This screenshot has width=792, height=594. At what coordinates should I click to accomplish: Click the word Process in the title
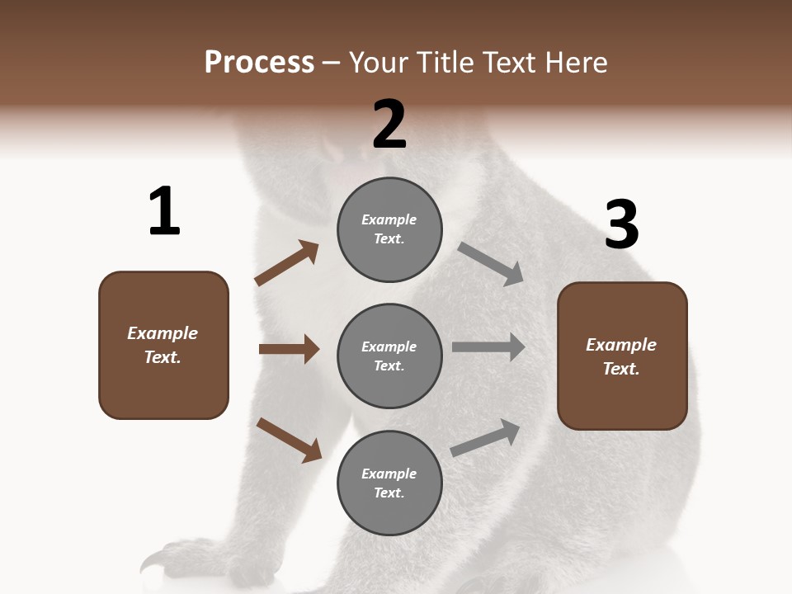click(x=259, y=63)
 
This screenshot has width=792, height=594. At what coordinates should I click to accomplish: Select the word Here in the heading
click(x=575, y=63)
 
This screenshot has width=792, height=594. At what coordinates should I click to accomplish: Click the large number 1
click(x=164, y=211)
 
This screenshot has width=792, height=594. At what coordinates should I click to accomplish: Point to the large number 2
click(x=389, y=125)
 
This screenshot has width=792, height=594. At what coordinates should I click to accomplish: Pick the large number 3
click(x=621, y=225)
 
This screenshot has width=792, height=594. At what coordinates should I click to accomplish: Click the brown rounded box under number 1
click(x=163, y=345)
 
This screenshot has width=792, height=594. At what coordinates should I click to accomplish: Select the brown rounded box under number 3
click(x=622, y=356)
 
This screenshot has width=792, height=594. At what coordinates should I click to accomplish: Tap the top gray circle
click(x=389, y=229)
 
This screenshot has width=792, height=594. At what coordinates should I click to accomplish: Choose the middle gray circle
click(x=389, y=356)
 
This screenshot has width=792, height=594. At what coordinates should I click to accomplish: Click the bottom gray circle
click(x=389, y=483)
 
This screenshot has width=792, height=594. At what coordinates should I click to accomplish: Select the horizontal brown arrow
click(x=289, y=349)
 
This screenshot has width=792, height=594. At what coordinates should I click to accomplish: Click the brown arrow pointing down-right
click(x=289, y=440)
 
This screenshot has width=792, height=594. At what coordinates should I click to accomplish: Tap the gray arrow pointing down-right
click(x=491, y=263)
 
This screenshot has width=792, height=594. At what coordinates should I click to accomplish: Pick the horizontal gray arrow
click(x=488, y=347)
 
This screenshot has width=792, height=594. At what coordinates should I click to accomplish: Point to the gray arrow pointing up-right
click(x=486, y=437)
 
